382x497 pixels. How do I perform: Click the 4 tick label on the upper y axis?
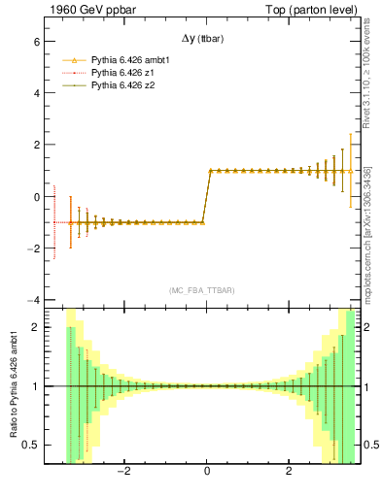point(35,94)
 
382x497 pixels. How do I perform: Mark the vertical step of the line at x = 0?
point(206,197)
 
